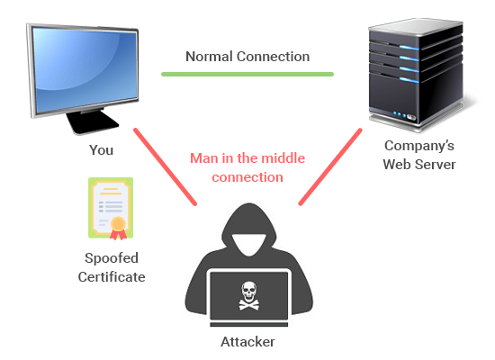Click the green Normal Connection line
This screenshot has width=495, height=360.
point(247,74)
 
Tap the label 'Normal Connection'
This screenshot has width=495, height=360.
point(247,57)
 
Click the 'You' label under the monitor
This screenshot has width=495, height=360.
point(101,150)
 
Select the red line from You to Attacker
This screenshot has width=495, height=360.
point(165,166)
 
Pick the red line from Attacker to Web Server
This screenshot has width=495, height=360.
point(330,166)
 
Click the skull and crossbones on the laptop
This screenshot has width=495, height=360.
point(249,295)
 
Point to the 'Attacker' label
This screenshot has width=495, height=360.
point(247,342)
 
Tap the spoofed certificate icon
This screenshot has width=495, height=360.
point(111,208)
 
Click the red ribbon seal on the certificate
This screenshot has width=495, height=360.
point(118,228)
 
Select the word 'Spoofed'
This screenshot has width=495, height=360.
point(112,258)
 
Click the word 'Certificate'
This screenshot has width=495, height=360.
point(112,277)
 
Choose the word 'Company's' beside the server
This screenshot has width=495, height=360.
point(419,146)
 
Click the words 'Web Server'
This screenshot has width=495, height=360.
point(419,165)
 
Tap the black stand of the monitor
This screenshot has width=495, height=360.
point(92,121)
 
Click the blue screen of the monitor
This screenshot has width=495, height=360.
point(85,69)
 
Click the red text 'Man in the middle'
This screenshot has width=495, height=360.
point(247,158)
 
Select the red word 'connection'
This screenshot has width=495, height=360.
point(247,177)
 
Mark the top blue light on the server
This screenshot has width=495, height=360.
point(409,48)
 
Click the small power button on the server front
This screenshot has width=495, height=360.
point(411,118)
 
